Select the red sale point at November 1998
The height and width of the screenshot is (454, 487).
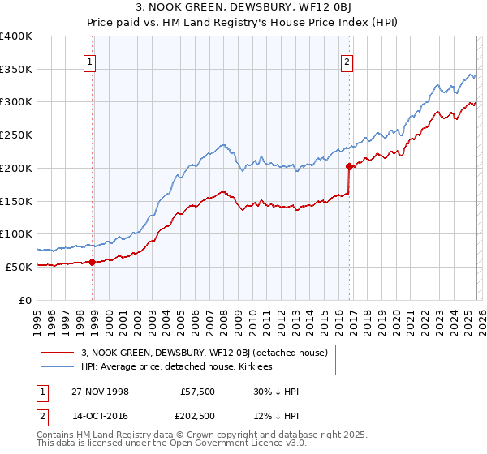point(92,262)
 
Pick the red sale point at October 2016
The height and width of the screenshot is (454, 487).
point(350,166)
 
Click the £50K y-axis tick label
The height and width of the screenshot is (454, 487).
point(18,267)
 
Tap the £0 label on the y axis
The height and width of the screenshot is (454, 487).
point(26,300)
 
